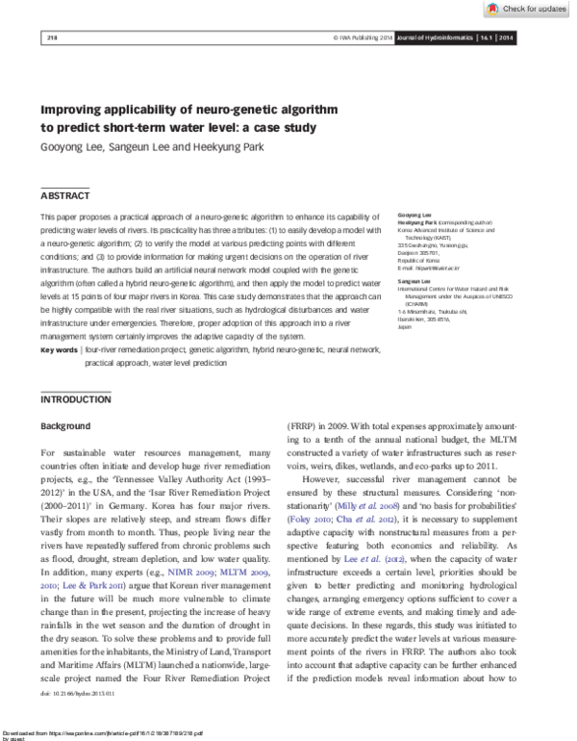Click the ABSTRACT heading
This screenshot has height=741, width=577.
(x=63, y=194)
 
